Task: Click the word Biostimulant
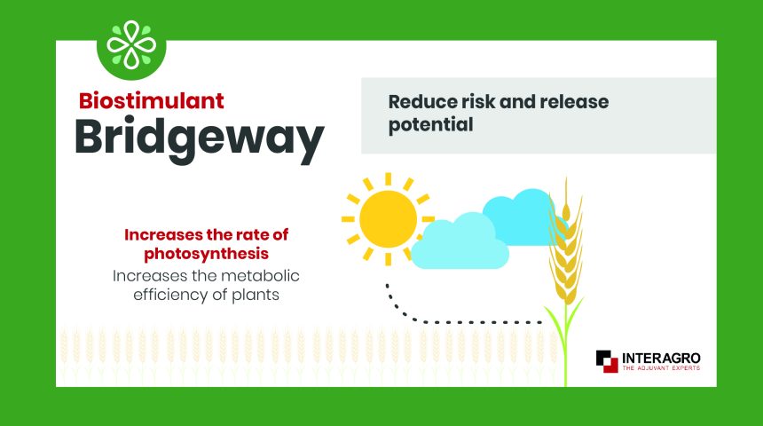(152, 101)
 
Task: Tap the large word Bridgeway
(200, 138)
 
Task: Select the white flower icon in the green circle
(131, 44)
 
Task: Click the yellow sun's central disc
(389, 219)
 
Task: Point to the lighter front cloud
(460, 243)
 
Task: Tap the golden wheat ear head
(566, 243)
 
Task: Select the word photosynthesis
(207, 254)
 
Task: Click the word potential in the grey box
(430, 125)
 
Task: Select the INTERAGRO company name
(661, 359)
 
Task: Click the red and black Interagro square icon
(607, 361)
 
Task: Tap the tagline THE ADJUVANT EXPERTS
(661, 368)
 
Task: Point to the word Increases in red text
(163, 234)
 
